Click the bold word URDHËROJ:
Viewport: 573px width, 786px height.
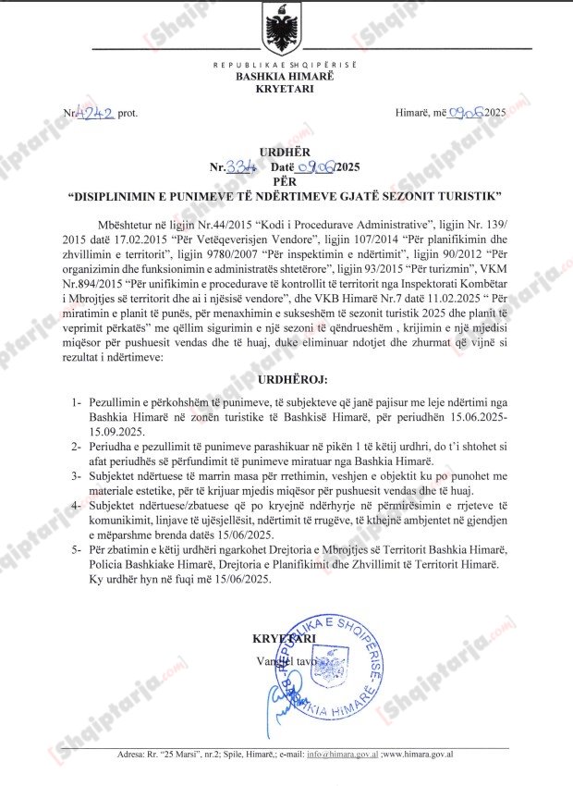286,379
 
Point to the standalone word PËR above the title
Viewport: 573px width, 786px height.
286,182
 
